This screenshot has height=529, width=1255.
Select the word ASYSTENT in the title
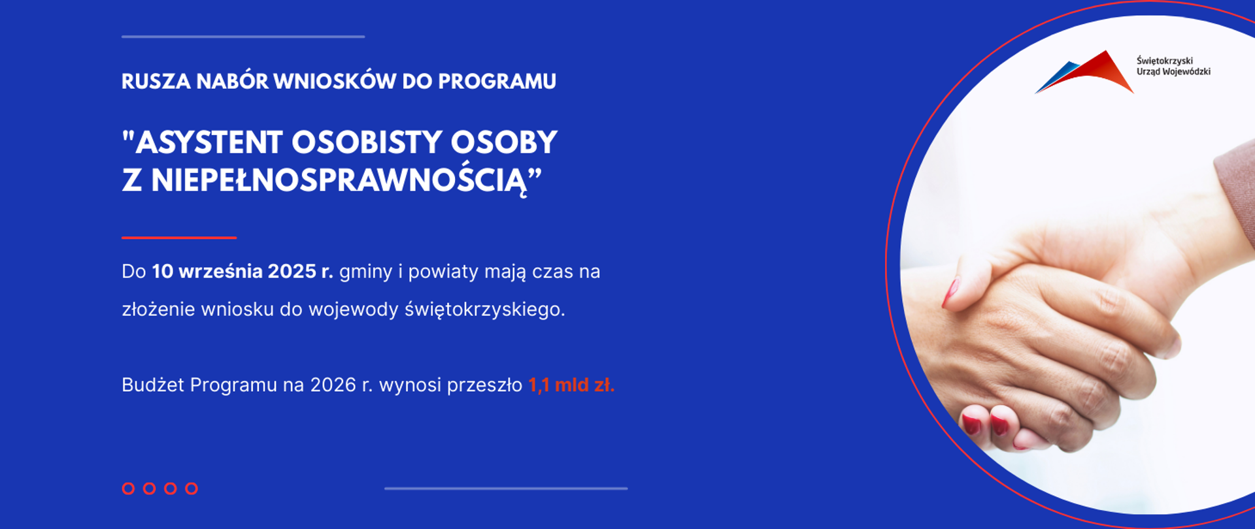(x=209, y=143)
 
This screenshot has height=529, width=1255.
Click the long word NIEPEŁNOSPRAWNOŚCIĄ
(x=339, y=181)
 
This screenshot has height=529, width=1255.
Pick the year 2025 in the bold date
(x=292, y=272)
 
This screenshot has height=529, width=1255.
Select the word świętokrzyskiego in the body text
(x=484, y=310)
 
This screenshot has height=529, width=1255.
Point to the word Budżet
(x=152, y=385)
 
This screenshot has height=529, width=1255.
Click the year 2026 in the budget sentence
(x=333, y=385)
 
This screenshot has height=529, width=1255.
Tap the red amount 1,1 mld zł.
(x=571, y=385)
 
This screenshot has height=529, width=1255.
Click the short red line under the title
(x=178, y=238)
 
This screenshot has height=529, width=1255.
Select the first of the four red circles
(x=128, y=489)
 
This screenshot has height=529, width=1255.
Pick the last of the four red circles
(x=192, y=489)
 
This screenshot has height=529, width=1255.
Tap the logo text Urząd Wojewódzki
(x=1173, y=72)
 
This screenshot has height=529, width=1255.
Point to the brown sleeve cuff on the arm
(x=1235, y=189)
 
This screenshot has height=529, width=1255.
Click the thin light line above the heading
(x=243, y=37)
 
